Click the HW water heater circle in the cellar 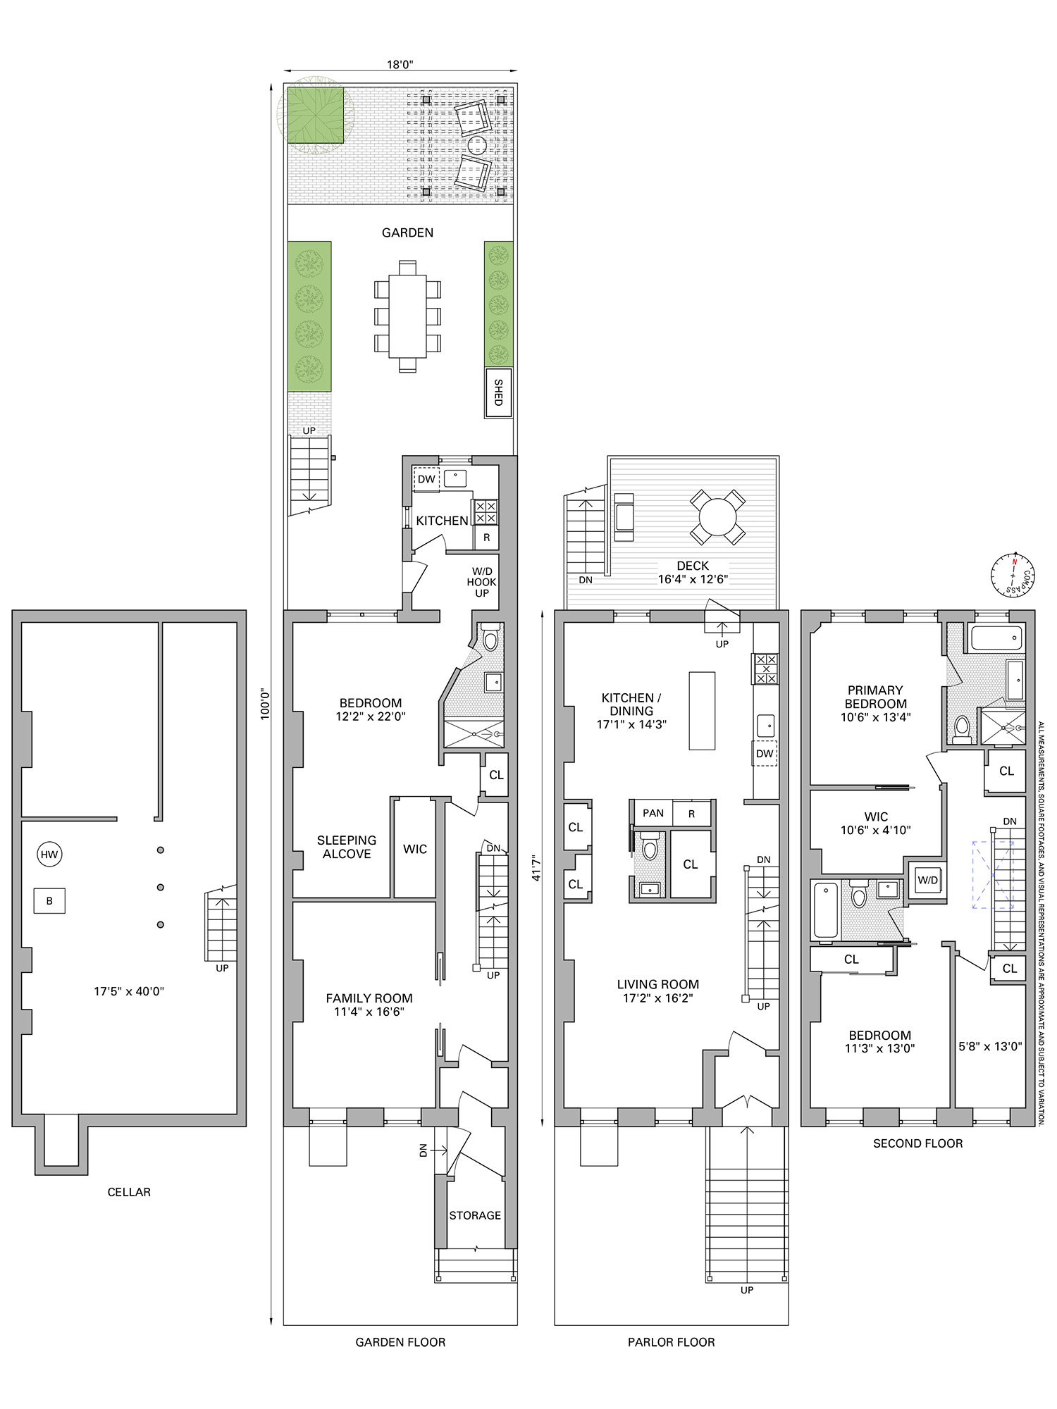[49, 855]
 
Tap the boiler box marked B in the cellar [49, 901]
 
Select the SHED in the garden [498, 392]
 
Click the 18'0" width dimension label [400, 64]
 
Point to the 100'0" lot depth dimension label [265, 704]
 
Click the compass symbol [1012, 574]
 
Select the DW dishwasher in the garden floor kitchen [426, 479]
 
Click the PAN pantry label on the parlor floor [653, 813]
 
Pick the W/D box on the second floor [927, 880]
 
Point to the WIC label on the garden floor [415, 849]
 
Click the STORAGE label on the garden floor [475, 1215]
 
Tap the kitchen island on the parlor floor [702, 711]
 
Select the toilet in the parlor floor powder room [649, 847]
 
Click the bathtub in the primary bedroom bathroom [996, 638]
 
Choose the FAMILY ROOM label [369, 998]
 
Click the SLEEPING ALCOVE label [347, 847]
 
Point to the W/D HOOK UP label [482, 582]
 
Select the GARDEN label [407, 232]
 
